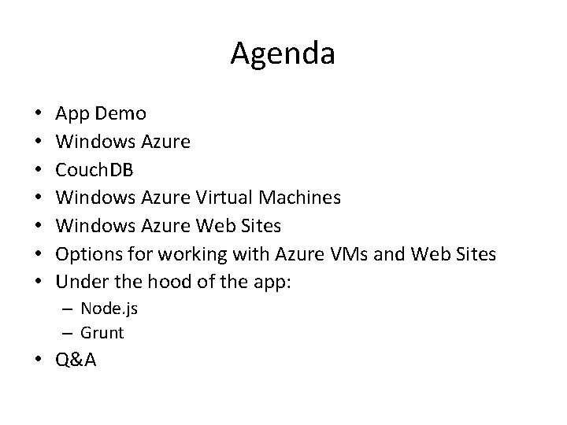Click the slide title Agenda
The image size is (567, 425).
[283, 54]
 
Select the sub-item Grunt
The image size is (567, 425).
[102, 332]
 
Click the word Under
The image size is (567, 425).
[81, 282]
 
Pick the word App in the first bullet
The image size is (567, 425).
[73, 114]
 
